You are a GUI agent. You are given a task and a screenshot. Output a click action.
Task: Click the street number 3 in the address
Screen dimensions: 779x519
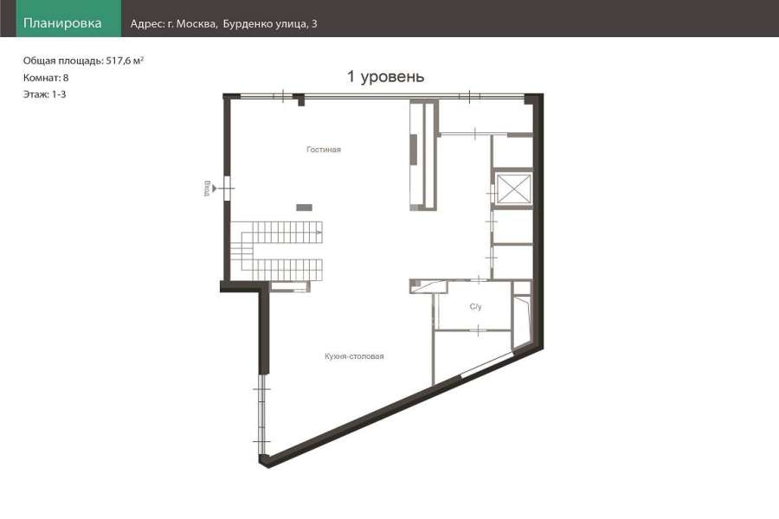314,24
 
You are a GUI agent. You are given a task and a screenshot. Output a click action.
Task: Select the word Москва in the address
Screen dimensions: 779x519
196,24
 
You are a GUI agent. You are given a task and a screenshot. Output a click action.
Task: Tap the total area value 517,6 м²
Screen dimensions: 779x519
125,61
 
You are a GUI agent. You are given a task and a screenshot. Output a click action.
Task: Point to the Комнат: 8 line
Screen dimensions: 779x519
46,78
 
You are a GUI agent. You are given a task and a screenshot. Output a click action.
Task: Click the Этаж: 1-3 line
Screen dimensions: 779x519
45,94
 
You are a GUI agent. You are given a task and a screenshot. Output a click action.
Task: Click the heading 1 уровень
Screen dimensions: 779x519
385,76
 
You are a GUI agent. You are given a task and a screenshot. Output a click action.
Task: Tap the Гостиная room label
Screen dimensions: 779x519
324,150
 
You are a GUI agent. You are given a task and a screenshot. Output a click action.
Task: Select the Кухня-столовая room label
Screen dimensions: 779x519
354,356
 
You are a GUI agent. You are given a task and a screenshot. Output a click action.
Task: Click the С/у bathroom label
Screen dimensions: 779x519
475,306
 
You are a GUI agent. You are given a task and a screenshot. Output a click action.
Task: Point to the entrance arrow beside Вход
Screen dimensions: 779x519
214,189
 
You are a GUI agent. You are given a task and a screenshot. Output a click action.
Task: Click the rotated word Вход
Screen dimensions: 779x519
207,189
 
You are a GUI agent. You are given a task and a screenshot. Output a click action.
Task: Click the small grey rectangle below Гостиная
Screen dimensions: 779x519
304,208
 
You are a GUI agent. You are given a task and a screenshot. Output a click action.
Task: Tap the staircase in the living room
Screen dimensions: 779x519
276,251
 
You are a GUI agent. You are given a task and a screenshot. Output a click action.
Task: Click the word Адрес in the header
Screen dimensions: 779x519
146,24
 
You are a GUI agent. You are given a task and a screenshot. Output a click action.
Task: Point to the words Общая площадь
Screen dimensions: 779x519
63,61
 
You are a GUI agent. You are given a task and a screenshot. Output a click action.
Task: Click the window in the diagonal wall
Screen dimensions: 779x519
486,364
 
